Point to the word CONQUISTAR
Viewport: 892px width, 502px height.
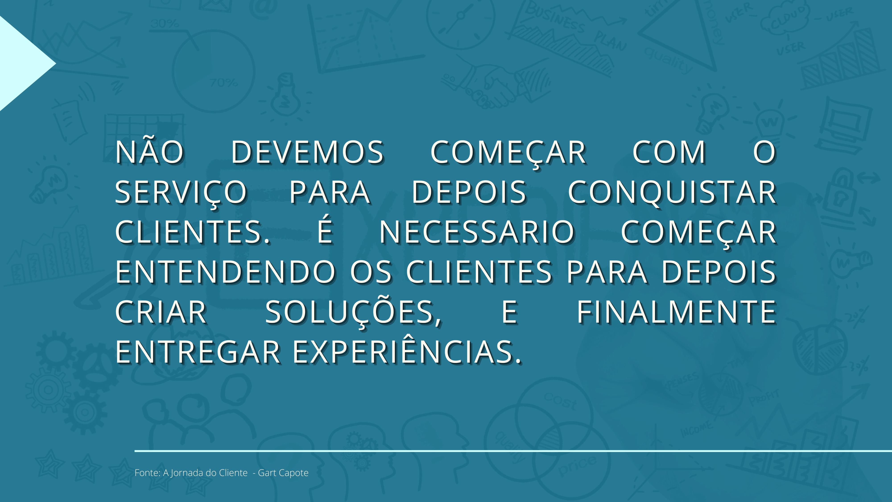672,193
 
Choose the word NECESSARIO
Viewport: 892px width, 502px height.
477,232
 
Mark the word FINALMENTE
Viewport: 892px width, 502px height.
676,312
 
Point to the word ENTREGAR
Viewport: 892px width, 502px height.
198,352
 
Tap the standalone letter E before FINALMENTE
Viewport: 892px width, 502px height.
509,312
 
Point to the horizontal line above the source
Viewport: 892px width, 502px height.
513,451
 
